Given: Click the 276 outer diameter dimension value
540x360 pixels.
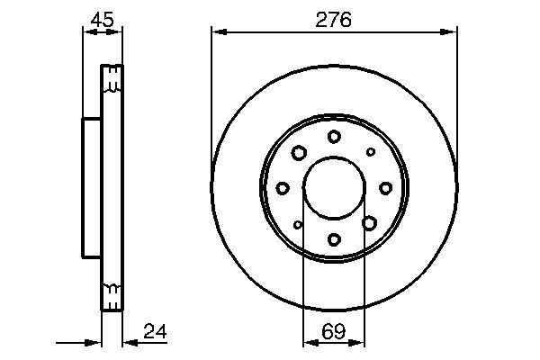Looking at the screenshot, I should (x=334, y=18).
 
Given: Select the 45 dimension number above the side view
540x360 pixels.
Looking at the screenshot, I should (x=101, y=18).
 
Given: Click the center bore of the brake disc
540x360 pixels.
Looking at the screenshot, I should (x=334, y=187).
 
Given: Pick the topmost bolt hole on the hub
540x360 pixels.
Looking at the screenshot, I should (x=334, y=136).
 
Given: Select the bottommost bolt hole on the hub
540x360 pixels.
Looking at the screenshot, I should (x=334, y=239).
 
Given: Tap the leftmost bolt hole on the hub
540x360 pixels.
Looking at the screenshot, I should (x=283, y=187).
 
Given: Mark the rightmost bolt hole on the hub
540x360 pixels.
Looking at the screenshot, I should (x=386, y=187).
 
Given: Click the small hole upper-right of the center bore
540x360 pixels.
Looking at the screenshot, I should (x=370, y=151).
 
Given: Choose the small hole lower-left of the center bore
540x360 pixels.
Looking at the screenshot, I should (x=298, y=224).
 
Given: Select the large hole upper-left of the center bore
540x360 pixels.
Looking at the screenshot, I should (x=298, y=152).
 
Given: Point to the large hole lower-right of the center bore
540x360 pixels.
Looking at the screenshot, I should (x=369, y=222).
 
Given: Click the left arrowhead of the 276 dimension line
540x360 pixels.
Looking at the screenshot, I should (x=216, y=33).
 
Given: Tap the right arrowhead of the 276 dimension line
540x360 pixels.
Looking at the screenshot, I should (x=452, y=33).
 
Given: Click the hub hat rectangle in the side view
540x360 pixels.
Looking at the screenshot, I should (x=91, y=187).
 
